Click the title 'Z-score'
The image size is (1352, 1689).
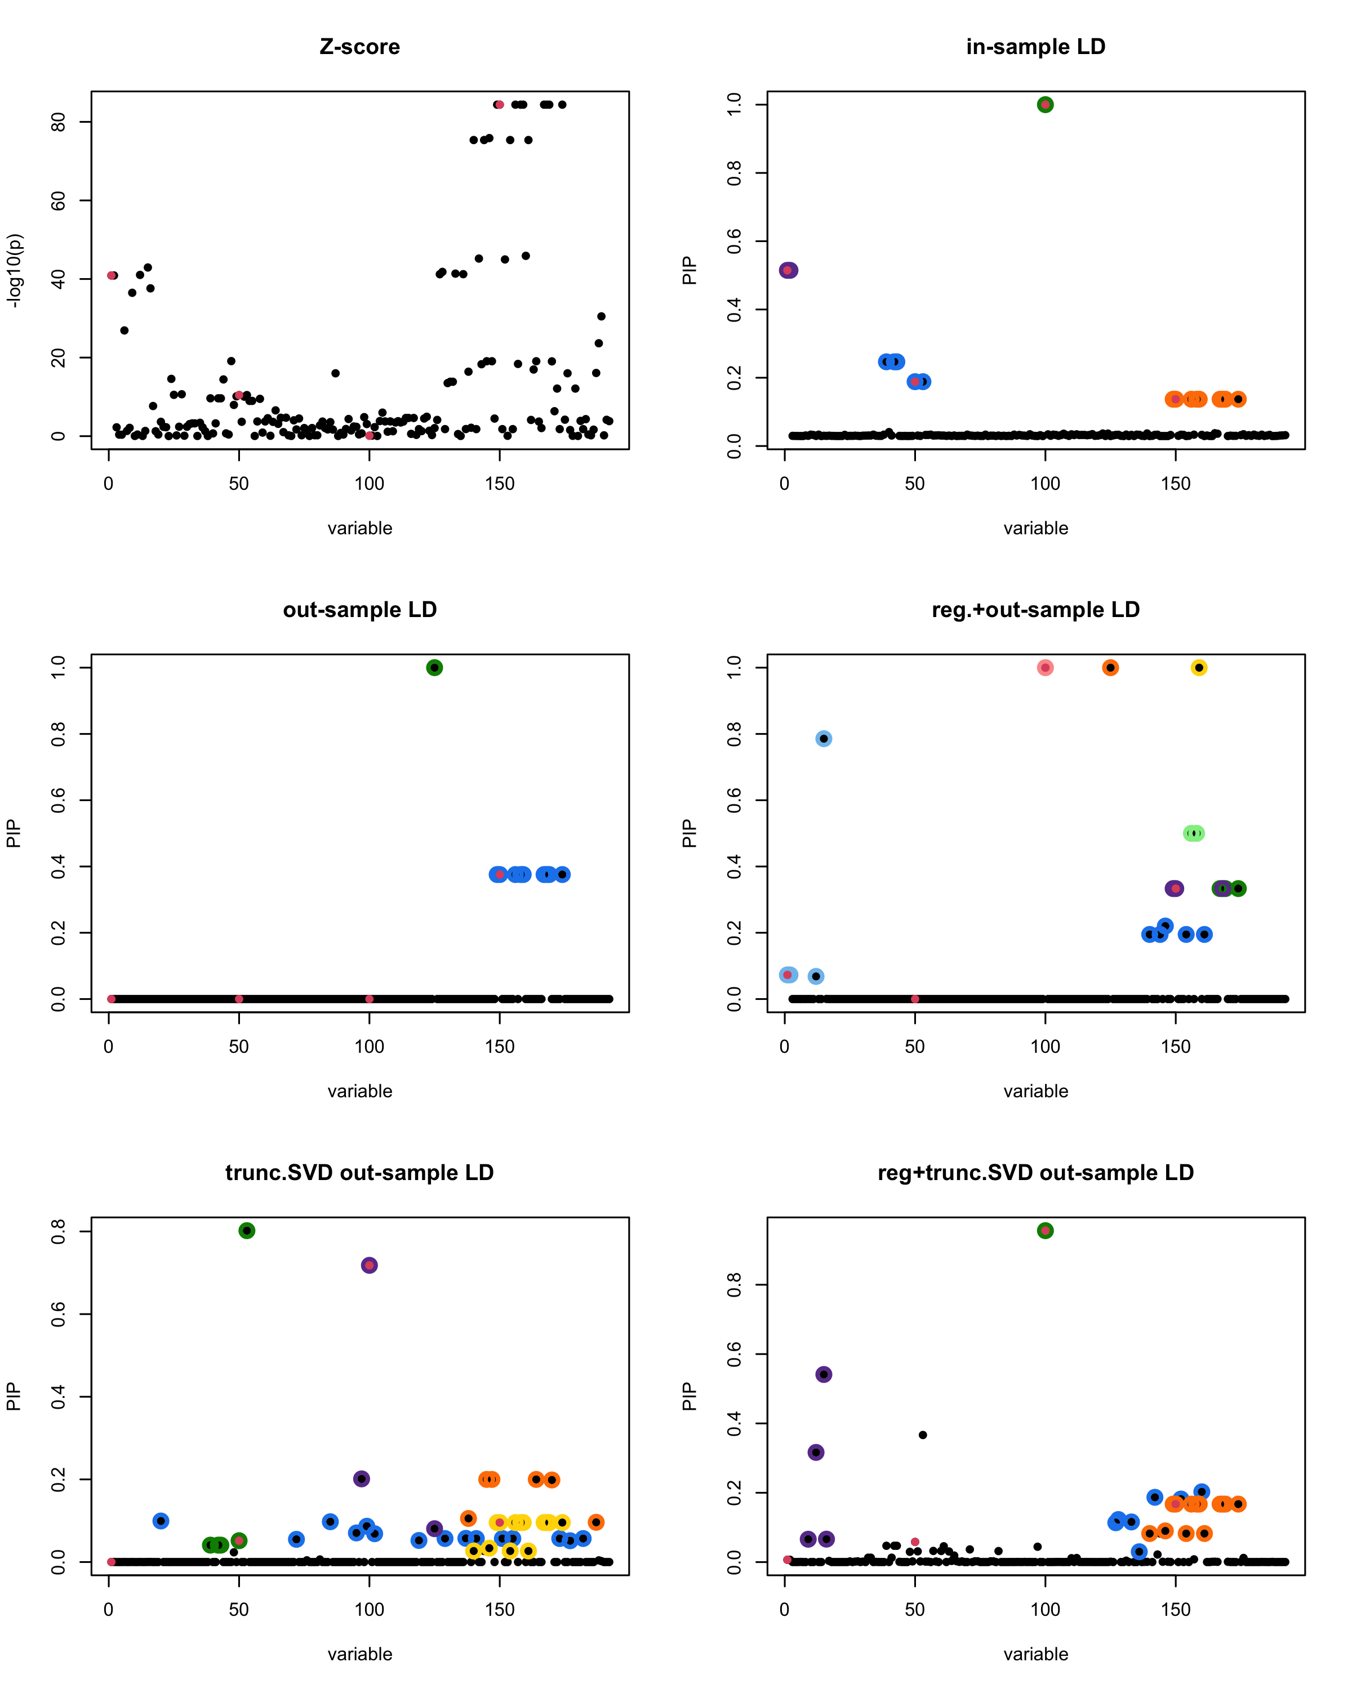[x=360, y=47]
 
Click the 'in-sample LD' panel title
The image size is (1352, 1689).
[x=1035, y=47]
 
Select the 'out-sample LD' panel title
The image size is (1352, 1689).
[x=360, y=610]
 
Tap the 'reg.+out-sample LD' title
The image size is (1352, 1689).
[x=1035, y=610]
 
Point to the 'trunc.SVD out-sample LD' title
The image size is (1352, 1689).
[x=360, y=1173]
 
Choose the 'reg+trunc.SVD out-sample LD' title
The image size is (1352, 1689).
[x=1035, y=1173]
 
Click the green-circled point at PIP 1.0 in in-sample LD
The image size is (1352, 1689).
[x=1045, y=105]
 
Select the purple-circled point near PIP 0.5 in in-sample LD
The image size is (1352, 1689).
[x=788, y=270]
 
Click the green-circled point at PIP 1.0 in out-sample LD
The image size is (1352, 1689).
[x=434, y=668]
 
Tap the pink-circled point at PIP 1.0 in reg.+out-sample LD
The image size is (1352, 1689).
[x=1045, y=668]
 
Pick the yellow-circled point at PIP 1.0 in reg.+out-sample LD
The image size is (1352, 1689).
[x=1198, y=668]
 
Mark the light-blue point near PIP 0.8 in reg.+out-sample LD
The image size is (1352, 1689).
[x=823, y=739]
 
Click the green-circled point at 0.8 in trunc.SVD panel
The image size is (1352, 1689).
[x=247, y=1231]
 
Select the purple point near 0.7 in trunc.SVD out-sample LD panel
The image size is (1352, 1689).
[x=369, y=1265]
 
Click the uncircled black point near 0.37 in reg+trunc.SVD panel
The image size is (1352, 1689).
[x=923, y=1435]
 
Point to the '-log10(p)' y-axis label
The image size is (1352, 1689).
[x=14, y=270]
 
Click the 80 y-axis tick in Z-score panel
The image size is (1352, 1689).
[x=58, y=122]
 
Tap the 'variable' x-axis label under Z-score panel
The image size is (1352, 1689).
[x=360, y=528]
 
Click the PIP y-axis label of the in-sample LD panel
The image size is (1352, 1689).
[x=689, y=270]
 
